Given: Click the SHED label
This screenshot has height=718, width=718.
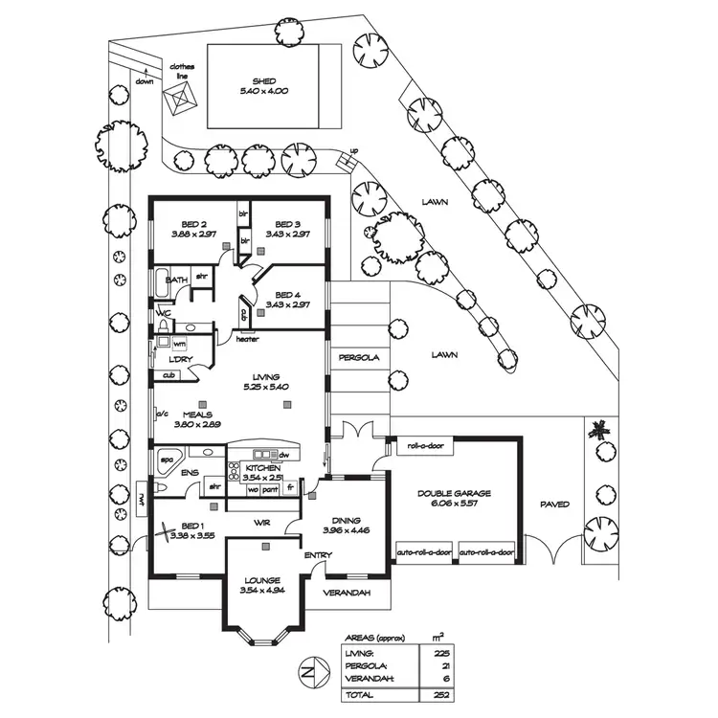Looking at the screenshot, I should (265, 80).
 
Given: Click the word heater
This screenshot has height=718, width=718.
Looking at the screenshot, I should (248, 338).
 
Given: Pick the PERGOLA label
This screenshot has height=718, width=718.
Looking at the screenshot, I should (359, 357).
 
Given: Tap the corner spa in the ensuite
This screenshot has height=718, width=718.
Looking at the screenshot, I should (168, 459).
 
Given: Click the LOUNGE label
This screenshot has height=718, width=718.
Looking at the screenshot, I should (261, 580).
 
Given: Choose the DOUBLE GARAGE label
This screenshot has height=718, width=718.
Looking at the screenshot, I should (454, 493).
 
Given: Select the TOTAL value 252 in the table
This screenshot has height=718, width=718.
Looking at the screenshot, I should (441, 693).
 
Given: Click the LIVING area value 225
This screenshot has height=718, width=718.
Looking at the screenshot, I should (441, 652).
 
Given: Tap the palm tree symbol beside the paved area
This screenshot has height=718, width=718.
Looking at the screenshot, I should (600, 430).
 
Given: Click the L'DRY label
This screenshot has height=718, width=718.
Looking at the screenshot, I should (182, 359).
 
